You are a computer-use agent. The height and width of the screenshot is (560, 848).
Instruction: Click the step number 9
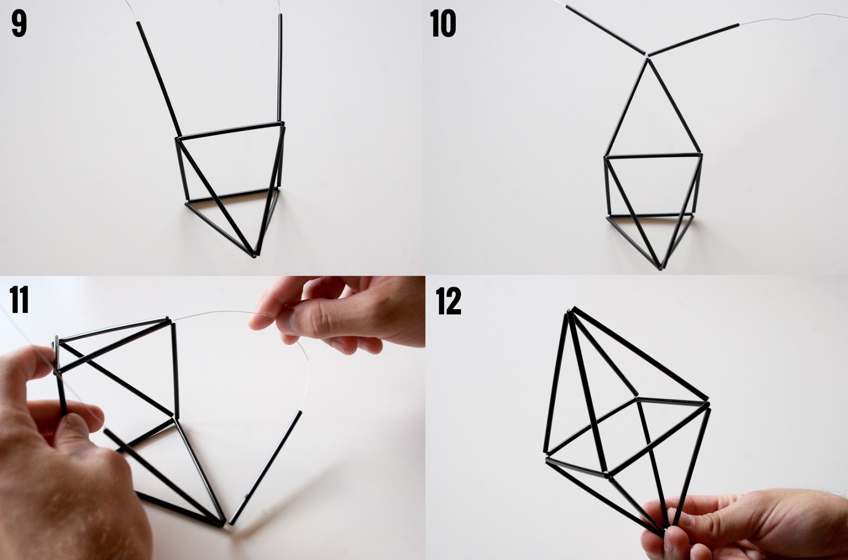[19, 25]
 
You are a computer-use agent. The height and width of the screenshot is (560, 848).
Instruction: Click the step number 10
[443, 25]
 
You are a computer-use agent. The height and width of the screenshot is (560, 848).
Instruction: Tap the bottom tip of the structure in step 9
[254, 256]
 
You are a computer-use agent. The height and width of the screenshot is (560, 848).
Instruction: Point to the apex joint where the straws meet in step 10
[647, 57]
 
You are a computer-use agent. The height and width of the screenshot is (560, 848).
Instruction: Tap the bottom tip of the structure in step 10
[660, 267]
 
